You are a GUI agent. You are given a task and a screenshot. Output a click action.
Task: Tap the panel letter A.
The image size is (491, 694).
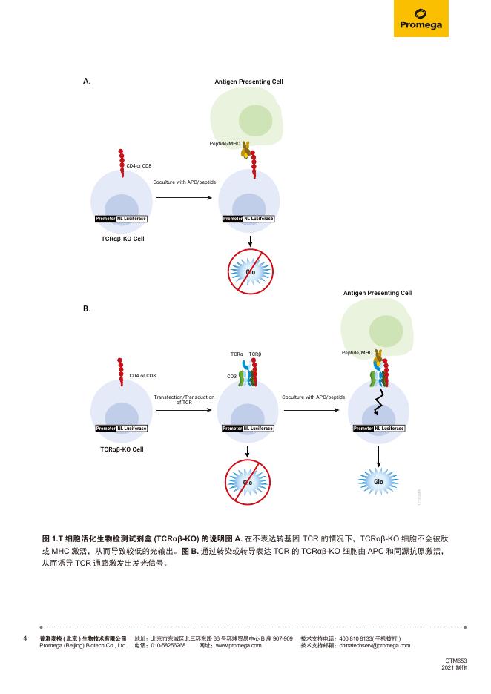click(x=87, y=82)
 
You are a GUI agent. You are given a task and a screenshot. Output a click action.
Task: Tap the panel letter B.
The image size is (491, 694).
click(x=87, y=308)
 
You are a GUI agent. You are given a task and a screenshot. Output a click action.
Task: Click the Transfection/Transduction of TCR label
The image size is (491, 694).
click(x=184, y=400)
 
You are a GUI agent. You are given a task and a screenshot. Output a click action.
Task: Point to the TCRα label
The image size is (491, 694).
click(x=237, y=354)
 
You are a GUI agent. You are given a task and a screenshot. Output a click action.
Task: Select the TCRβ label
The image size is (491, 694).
click(x=255, y=354)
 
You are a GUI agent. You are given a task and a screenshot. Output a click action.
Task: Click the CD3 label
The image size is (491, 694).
click(x=231, y=377)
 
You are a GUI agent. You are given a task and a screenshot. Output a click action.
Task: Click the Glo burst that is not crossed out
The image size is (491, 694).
click(x=378, y=482)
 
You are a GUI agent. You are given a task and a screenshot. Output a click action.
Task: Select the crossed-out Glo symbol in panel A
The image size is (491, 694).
click(x=251, y=271)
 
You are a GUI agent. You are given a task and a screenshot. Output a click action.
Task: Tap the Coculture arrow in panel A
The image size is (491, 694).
click(x=184, y=198)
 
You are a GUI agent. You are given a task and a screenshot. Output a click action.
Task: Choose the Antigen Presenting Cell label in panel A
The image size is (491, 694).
click(x=248, y=82)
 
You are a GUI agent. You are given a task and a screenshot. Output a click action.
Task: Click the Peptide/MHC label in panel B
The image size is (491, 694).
click(x=357, y=353)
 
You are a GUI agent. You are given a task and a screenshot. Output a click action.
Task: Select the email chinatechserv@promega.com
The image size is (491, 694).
click(x=375, y=646)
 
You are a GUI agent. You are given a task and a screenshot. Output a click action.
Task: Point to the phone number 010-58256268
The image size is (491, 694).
click(x=168, y=646)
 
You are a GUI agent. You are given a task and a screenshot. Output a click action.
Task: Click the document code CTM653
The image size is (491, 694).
click(x=455, y=660)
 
